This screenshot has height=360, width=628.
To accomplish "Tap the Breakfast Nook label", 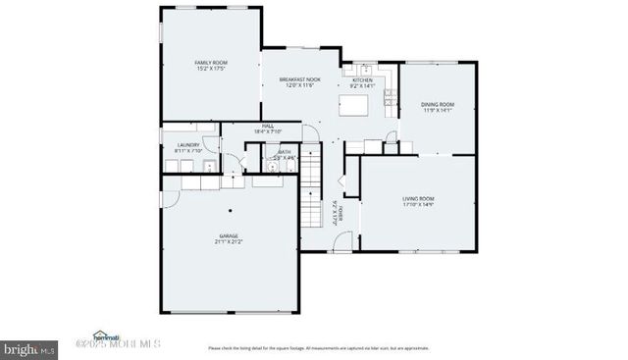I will tap(299, 79).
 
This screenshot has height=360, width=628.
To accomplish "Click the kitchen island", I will tap(358, 102).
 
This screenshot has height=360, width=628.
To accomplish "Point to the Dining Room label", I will tap(438, 104).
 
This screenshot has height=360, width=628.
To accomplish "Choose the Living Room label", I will tap(418, 198).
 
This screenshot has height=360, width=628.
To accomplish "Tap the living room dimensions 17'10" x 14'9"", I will tap(418, 205).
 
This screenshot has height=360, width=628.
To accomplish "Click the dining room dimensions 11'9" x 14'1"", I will tap(438, 111).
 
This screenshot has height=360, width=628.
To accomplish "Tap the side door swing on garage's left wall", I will tap(168, 197).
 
